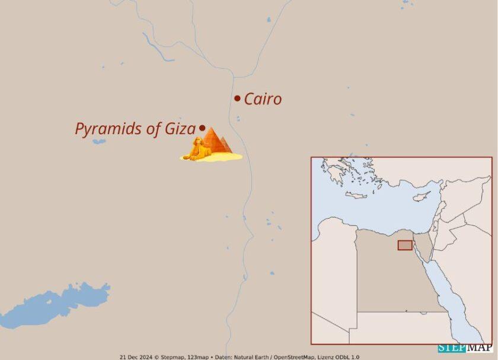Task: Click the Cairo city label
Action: point(263,99)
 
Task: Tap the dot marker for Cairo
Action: point(237,98)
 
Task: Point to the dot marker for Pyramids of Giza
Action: point(202,128)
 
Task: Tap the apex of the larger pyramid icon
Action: point(211,128)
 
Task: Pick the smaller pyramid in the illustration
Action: point(224,145)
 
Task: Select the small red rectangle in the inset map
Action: point(405,245)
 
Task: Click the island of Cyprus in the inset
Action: point(422,195)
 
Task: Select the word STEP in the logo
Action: point(449,348)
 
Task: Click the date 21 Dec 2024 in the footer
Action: point(136,357)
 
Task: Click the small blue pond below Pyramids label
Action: point(98,141)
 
